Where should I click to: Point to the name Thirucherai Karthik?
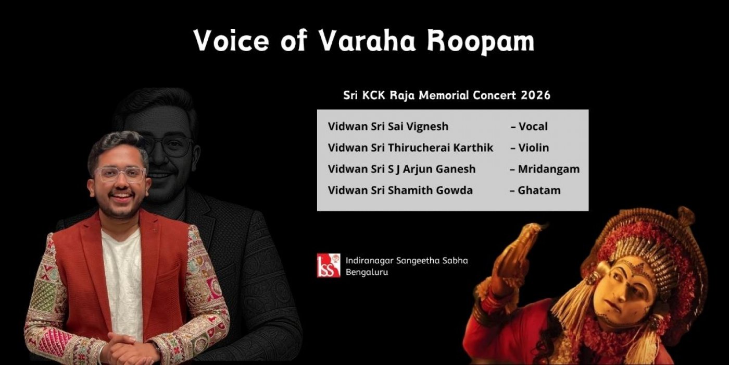[441, 148]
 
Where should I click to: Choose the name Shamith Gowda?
[430, 190]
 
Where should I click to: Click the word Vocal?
[533, 126]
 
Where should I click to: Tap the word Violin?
[533, 148]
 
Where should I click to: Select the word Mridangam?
[549, 169]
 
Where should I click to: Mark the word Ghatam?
[539, 190]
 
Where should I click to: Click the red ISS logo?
[329, 265]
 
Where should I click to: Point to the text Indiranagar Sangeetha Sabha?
[407, 261]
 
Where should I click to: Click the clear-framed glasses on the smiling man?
[121, 174]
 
